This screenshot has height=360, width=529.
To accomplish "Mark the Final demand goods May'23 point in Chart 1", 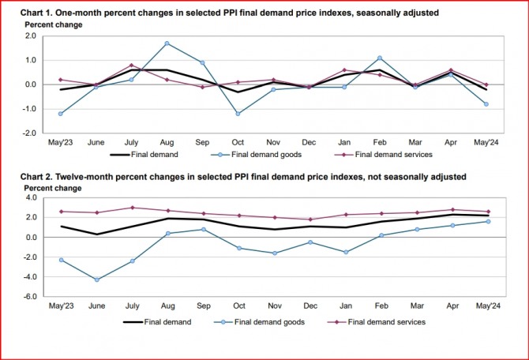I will (61, 114).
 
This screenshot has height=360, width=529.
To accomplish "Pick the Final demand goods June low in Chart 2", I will (97, 279).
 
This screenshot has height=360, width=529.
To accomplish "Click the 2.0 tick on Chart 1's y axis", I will (31, 36).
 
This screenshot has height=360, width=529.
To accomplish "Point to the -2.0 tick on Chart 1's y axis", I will (30, 133).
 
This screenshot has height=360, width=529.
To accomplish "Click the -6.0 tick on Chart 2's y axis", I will (30, 297).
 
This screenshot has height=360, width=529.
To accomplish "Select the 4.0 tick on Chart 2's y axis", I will (31, 197).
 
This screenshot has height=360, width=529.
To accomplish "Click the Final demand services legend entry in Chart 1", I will (391, 155).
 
